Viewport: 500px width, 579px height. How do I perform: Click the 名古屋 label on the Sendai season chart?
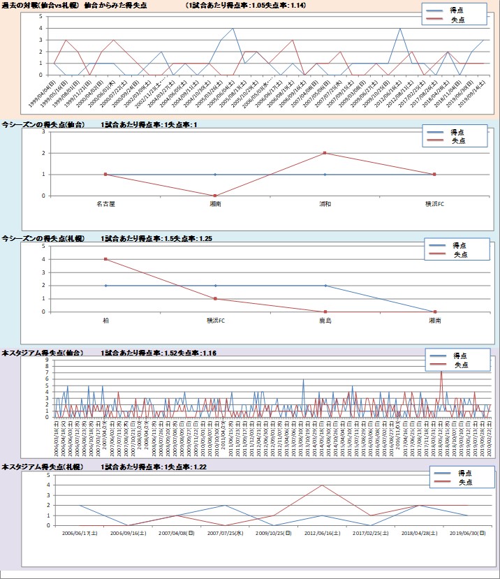(105, 203)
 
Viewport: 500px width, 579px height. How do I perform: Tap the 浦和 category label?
(325, 203)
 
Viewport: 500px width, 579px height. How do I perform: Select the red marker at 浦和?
(325, 153)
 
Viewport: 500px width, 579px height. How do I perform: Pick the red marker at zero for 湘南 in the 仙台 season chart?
(215, 196)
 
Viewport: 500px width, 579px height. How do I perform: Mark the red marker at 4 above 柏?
(105, 259)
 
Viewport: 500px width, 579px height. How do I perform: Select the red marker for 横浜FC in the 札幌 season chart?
(215, 299)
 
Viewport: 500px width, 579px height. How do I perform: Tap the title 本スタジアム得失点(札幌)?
(43, 466)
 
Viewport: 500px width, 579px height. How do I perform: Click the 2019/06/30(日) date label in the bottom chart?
(467, 532)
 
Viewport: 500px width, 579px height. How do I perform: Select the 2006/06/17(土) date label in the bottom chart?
(79, 532)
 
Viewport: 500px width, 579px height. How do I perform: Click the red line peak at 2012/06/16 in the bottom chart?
(322, 485)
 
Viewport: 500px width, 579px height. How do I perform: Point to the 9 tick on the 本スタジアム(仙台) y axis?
(47, 360)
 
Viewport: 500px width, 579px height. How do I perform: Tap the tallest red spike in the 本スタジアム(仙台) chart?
(441, 372)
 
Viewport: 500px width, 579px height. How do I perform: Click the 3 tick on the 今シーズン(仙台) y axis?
(44, 131)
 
